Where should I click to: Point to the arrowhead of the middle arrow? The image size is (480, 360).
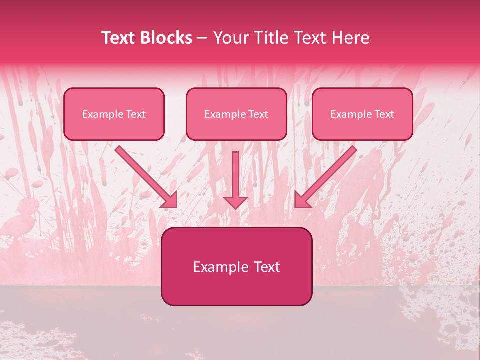point(235,202)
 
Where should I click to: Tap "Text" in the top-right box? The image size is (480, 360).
point(384,114)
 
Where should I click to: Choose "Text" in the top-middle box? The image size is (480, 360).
point(258,114)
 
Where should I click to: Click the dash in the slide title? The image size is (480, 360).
point(202,38)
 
